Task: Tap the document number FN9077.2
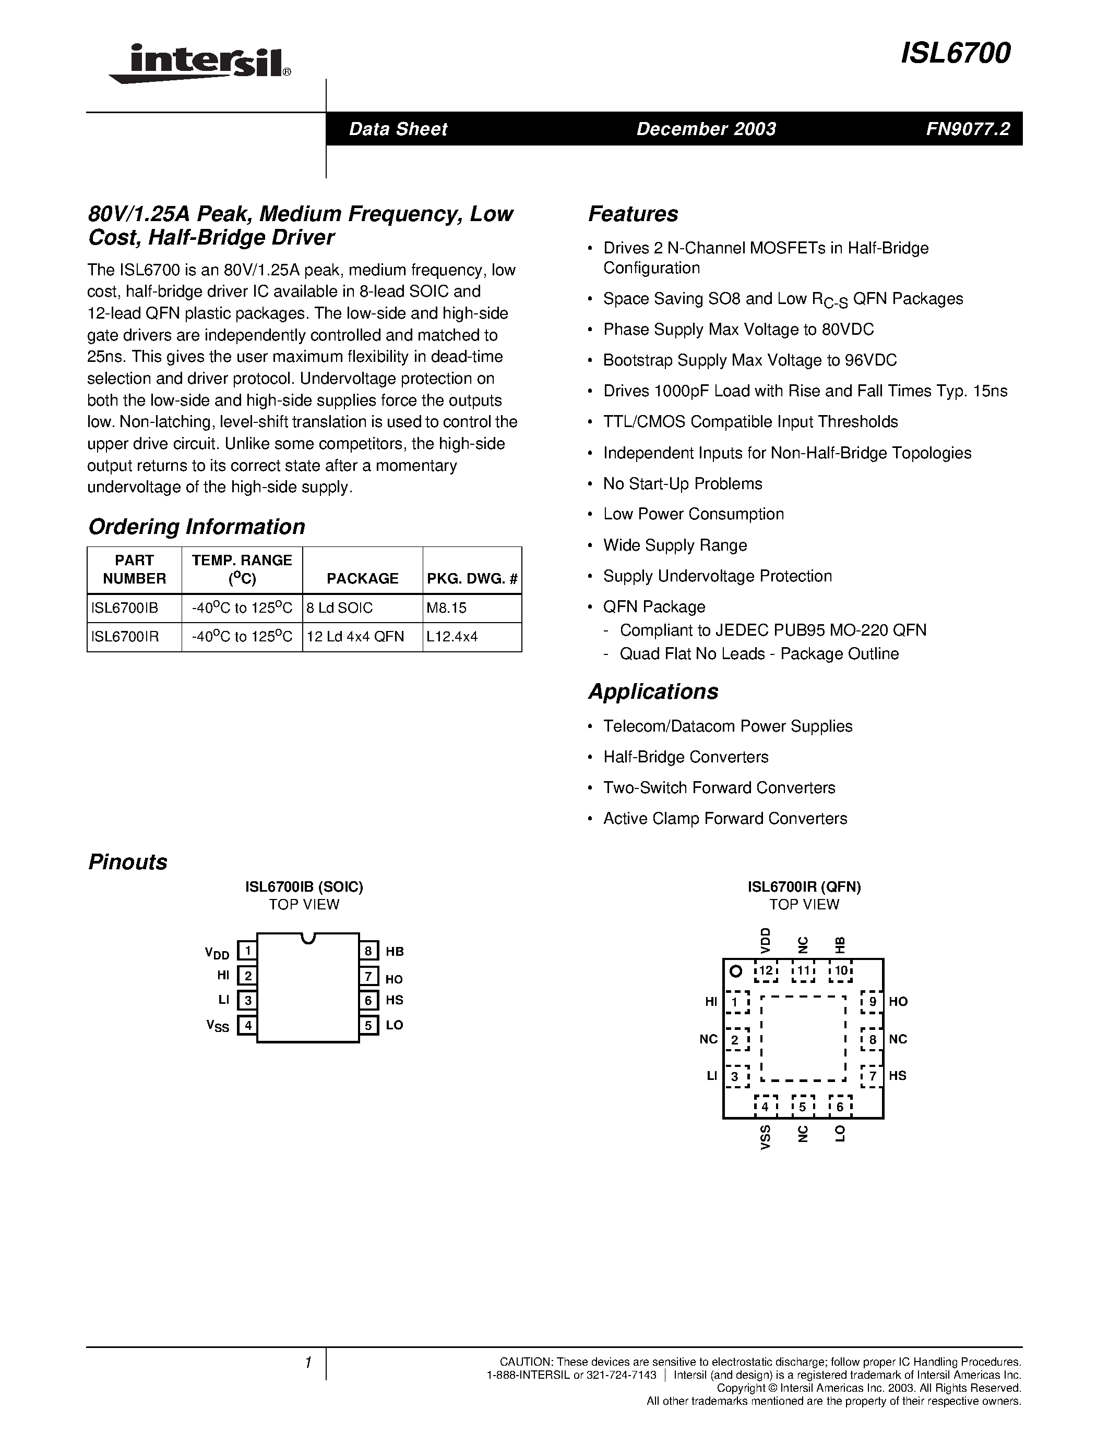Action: pos(968,129)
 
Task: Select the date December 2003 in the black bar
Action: pos(706,129)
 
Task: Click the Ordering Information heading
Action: pos(196,527)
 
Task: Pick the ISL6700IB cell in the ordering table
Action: pos(125,608)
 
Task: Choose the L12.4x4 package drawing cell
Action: pos(452,636)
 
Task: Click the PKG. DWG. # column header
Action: pos(472,578)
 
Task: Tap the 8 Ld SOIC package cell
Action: pos(340,608)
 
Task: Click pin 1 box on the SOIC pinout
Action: pos(247,951)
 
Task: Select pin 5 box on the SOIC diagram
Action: pos(368,1025)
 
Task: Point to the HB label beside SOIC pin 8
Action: pos(394,952)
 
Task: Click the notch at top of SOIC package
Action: pos(307,938)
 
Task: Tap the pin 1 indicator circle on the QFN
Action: pos(736,970)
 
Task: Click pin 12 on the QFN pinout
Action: pos(766,970)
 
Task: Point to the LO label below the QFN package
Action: pos(840,1134)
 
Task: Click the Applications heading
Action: pos(652,691)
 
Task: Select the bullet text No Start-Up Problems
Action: pos(683,484)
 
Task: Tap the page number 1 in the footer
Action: pos(307,1363)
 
